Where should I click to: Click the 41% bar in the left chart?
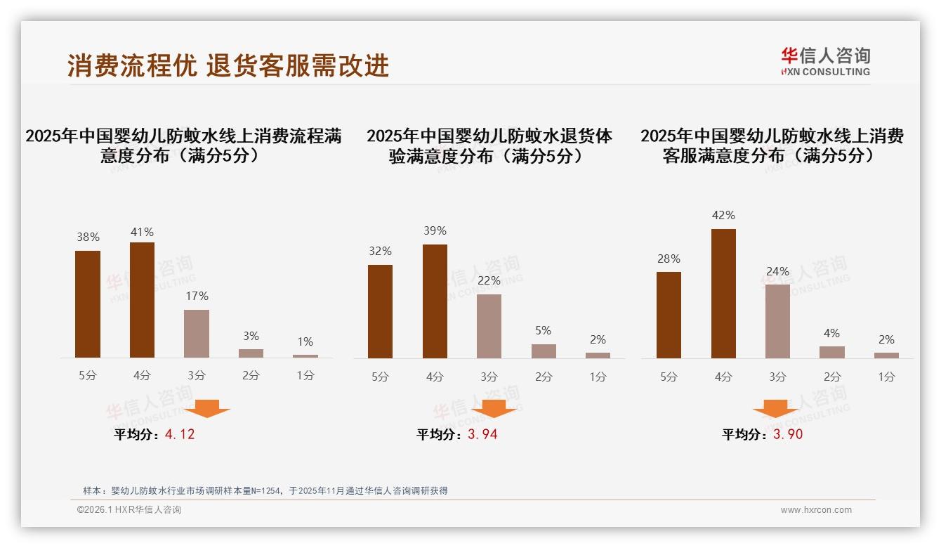pyautogui.click(x=142, y=300)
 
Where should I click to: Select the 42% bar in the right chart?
pyautogui.click(x=723, y=294)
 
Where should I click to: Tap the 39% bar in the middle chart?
pyautogui.click(x=435, y=301)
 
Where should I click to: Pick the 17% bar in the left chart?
pyautogui.click(x=197, y=334)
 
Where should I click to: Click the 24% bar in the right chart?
pyautogui.click(x=777, y=321)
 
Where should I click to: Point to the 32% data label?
pyautogui.click(x=380, y=251)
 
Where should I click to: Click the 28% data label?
pyautogui.click(x=669, y=259)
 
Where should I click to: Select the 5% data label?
pyautogui.click(x=543, y=330)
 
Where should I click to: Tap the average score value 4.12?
pyautogui.click(x=180, y=434)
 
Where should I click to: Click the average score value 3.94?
pyautogui.click(x=482, y=434)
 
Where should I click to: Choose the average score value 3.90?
pyautogui.click(x=788, y=434)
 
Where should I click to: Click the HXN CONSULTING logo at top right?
pyautogui.click(x=825, y=62)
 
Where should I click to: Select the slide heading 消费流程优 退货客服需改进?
pyautogui.click(x=228, y=65)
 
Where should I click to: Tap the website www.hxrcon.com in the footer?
pyautogui.click(x=816, y=510)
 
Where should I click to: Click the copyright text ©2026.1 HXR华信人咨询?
pyautogui.click(x=129, y=510)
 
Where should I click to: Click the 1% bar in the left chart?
pyautogui.click(x=305, y=356)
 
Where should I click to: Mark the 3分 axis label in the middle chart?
pyautogui.click(x=489, y=377)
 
